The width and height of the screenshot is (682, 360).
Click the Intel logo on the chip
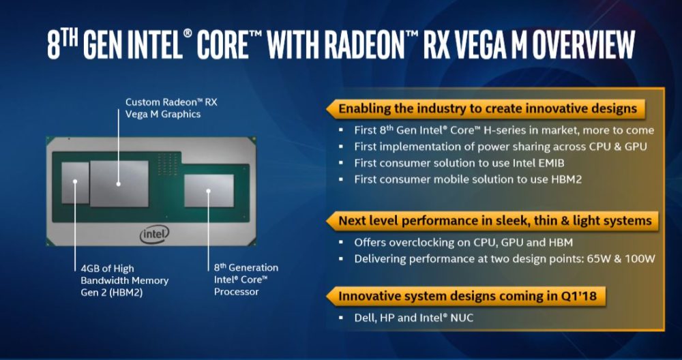[x=155, y=235]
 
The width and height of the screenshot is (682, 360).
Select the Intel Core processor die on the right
[x=209, y=190]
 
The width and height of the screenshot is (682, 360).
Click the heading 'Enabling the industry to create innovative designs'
[x=487, y=108]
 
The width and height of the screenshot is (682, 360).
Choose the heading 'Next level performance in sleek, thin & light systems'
[x=494, y=220]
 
